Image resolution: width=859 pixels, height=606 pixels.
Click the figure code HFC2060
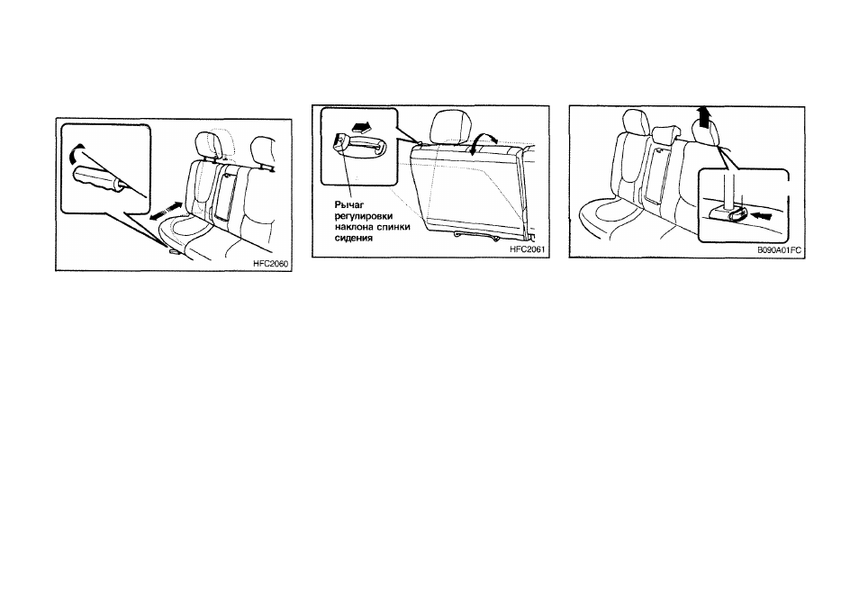point(270,264)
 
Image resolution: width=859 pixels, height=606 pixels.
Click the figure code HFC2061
point(527,249)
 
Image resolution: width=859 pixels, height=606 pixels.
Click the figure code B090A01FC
point(779,249)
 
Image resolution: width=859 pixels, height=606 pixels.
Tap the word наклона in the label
point(353,227)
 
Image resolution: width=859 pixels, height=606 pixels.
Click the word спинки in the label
point(393,227)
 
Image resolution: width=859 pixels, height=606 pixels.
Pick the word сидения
point(353,238)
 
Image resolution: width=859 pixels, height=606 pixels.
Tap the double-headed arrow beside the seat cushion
point(166,212)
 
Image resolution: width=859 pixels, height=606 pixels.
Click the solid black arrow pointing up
point(703,117)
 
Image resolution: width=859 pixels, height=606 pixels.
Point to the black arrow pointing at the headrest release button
point(761,215)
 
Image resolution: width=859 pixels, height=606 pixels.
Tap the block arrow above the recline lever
point(360,128)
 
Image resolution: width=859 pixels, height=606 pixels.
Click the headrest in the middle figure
point(452,126)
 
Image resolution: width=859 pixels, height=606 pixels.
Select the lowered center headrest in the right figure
point(666,133)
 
